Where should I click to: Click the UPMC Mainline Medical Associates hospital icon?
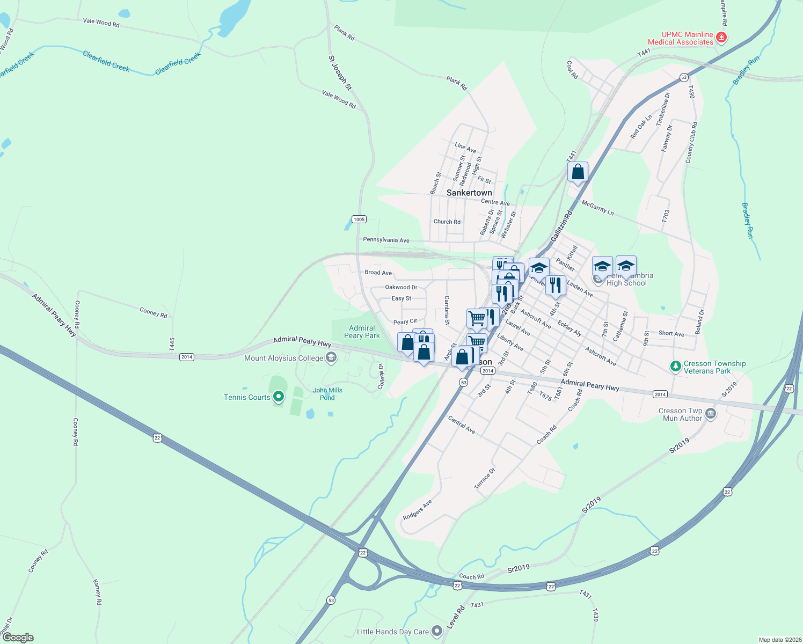point(721,38)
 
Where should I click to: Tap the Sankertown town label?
point(469,193)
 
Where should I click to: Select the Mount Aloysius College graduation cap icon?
point(331,357)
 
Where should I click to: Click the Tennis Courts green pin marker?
point(278,397)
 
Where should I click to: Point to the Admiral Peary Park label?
point(362,332)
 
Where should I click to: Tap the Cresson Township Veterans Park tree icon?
point(676,367)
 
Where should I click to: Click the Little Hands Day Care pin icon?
point(437,631)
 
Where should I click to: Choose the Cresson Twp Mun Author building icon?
point(710,414)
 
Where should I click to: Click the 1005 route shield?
point(359,219)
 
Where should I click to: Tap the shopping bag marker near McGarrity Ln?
point(578,172)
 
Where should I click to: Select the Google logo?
point(18,638)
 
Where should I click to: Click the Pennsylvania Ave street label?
point(386,240)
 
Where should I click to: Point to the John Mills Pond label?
point(327,394)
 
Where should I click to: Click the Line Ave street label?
point(465,148)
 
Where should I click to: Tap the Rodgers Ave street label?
point(418,510)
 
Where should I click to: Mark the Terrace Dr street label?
point(485,478)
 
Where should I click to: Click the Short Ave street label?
point(671,333)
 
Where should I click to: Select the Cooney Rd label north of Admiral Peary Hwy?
point(154,312)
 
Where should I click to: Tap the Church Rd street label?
point(447,222)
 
